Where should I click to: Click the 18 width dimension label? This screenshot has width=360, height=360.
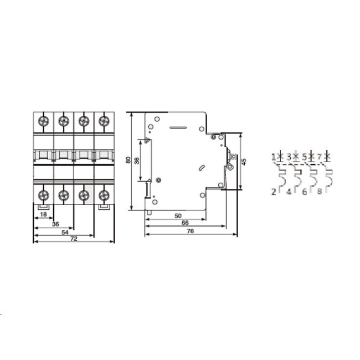point(43,214)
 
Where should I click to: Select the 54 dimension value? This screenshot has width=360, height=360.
point(65,233)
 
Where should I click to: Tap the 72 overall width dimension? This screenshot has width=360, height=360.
point(74,239)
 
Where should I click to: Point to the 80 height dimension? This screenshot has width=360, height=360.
point(128,160)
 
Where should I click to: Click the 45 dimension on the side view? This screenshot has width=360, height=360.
point(244,162)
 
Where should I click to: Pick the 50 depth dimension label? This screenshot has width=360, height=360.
point(178,216)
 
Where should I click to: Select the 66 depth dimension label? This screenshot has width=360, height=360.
point(185,223)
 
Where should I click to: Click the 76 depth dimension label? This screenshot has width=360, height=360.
point(191,231)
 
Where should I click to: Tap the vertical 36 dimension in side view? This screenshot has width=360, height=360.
point(137,161)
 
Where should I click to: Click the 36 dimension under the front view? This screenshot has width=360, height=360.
point(55,224)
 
